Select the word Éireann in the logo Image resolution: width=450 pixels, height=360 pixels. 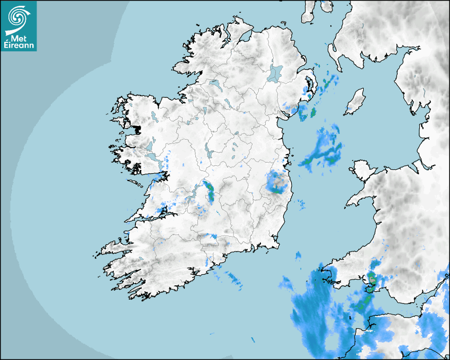point(19,46)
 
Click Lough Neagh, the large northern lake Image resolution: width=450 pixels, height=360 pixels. point(275,73)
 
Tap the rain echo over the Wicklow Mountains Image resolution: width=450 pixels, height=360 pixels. point(277,183)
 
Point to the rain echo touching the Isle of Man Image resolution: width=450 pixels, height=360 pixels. point(349,109)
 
